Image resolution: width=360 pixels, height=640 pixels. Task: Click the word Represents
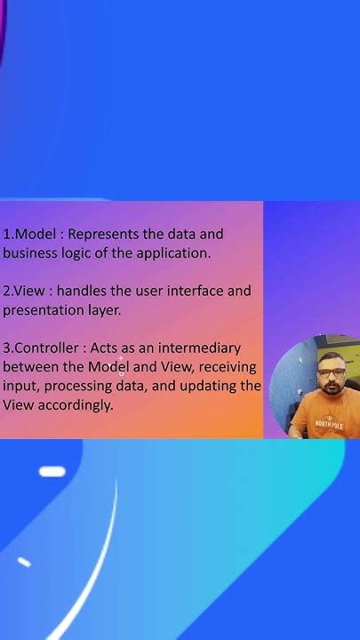tap(103, 235)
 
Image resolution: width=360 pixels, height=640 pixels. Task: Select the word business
tap(28, 253)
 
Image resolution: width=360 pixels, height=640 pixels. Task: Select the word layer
tap(102, 310)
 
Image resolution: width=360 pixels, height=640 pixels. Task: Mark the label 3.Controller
tap(38, 348)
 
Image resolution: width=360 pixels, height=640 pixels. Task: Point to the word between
tap(28, 366)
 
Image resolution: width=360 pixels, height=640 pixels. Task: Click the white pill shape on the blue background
tap(52, 472)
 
